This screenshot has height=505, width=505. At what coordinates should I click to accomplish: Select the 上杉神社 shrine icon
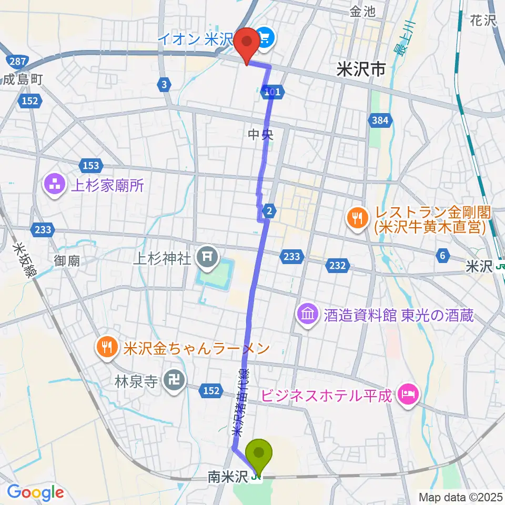pyautogui.click(x=206, y=257)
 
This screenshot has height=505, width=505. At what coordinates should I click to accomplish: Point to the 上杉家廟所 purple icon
pyautogui.click(x=55, y=184)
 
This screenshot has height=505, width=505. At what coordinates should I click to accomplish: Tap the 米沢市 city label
pyautogui.click(x=362, y=68)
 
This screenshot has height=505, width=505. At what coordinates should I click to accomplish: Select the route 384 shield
pyautogui.click(x=380, y=120)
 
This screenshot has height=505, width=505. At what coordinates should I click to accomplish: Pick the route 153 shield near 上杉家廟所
pyautogui.click(x=90, y=166)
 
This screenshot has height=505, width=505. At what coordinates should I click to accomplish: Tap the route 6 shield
pyautogui.click(x=443, y=255)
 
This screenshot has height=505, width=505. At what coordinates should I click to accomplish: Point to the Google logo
pyautogui.click(x=35, y=492)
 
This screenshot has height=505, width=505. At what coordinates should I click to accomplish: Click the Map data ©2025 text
pyautogui.click(x=460, y=496)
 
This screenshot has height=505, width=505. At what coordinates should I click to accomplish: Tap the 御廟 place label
pyautogui.click(x=67, y=260)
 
